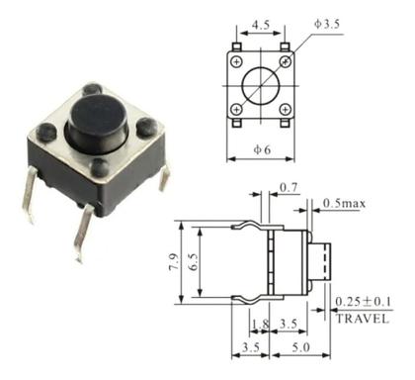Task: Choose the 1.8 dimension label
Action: (258, 324)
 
